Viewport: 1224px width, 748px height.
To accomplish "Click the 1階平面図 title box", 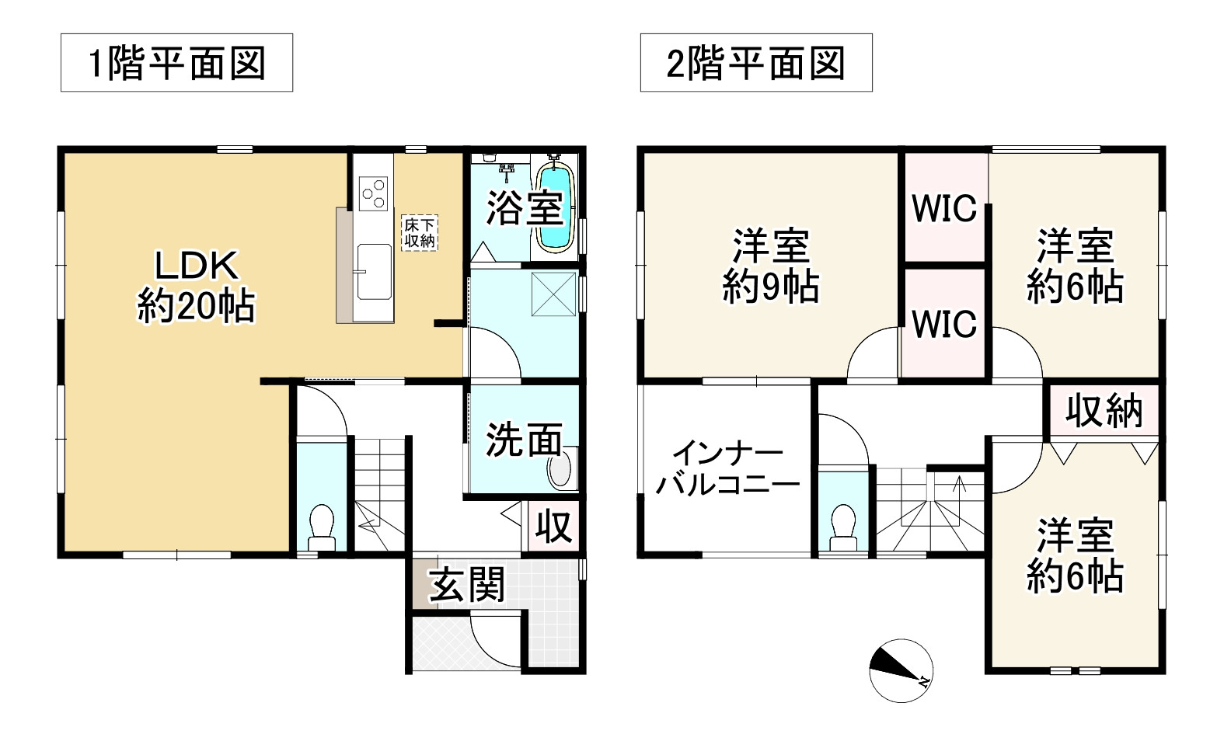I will click(x=176, y=63).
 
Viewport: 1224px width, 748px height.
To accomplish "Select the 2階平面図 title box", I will click(x=755, y=63).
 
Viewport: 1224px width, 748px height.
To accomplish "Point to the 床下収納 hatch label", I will click(x=419, y=233).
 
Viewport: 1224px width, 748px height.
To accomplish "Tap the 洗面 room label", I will click(x=524, y=440).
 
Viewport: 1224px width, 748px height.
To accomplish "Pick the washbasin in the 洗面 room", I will click(x=560, y=470).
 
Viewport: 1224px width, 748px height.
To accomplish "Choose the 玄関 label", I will click(x=468, y=585).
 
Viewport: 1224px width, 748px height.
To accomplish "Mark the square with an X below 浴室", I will click(x=554, y=294).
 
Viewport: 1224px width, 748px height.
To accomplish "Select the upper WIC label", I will click(x=944, y=208).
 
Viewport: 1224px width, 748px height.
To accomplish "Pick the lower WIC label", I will click(x=944, y=324).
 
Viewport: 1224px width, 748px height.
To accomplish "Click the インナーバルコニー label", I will click(x=727, y=469).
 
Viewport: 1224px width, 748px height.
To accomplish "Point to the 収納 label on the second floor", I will click(x=1104, y=410).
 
